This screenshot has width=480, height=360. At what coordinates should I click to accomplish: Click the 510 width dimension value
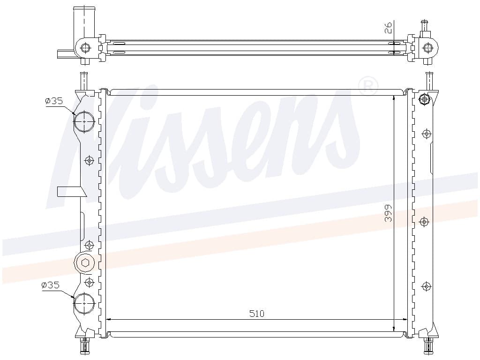[256, 314]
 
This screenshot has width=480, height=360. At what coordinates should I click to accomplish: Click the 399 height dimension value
[388, 213]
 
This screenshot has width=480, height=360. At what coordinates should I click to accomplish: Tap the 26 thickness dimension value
[388, 28]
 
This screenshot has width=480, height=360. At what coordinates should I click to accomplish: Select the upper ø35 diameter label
[54, 101]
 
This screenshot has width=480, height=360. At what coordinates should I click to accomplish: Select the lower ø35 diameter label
[50, 285]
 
